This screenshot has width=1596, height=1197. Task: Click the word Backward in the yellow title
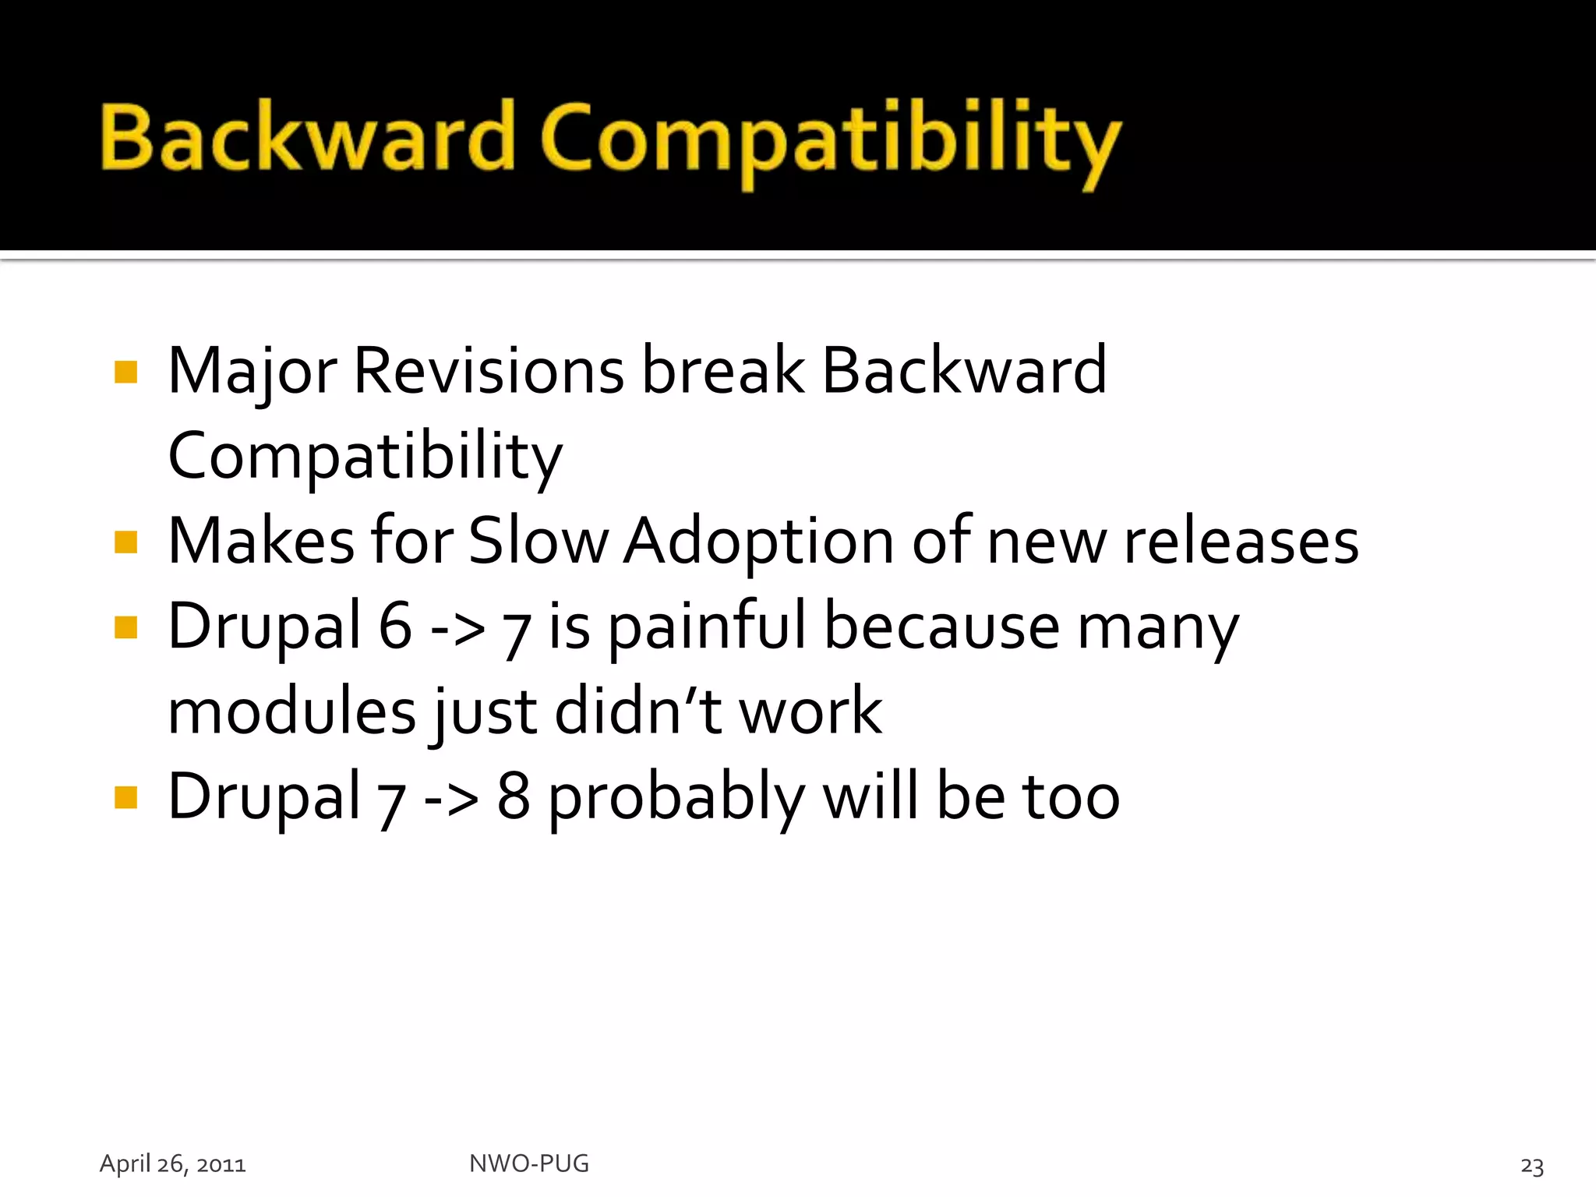point(308,138)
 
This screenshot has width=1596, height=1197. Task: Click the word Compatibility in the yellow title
point(830,140)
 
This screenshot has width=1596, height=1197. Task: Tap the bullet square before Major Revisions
point(125,372)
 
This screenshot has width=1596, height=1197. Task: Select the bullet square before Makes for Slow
point(125,542)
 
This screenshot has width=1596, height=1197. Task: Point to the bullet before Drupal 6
point(125,627)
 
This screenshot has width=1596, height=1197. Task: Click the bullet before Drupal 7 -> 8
point(125,797)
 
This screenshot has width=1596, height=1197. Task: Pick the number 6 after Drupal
point(395,627)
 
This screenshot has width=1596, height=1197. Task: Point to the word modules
point(292,711)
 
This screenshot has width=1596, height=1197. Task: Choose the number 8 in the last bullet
point(514,797)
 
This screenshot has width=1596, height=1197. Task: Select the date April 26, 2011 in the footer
point(172,1163)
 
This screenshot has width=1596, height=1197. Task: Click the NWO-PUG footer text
point(529,1163)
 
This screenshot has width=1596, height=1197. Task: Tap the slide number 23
point(1531,1166)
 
